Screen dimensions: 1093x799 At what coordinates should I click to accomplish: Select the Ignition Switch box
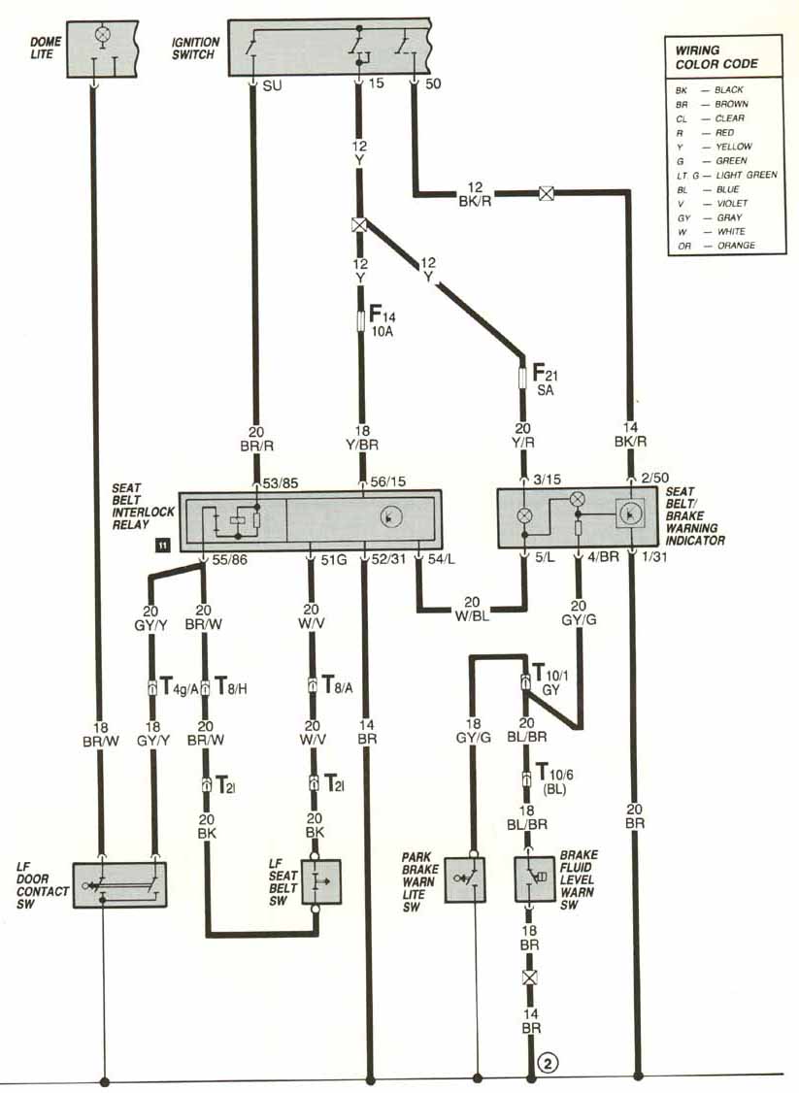(x=329, y=45)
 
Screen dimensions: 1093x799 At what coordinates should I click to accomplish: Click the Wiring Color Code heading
(x=716, y=57)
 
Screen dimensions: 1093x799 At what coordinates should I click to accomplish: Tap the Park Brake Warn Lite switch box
(x=465, y=879)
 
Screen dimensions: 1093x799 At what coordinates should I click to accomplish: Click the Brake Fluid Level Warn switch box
(x=535, y=879)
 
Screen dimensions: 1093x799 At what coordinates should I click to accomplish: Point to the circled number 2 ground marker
(x=549, y=1064)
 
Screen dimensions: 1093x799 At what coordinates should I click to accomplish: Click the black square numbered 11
(x=162, y=546)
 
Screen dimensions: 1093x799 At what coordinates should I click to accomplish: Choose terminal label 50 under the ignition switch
(x=433, y=84)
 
